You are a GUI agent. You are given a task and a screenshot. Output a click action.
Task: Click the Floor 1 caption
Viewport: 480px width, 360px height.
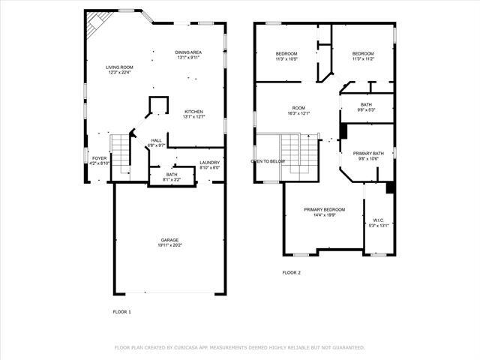coord(121,311)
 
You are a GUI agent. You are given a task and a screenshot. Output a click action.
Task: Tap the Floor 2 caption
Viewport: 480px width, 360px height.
coord(291,272)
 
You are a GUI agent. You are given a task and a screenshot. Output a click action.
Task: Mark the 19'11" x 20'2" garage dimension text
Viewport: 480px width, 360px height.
coord(170,245)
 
